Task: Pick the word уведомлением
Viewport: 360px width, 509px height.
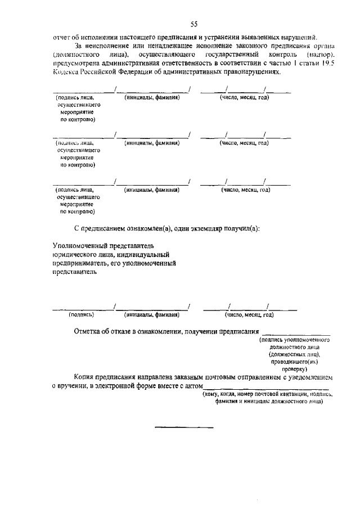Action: (312, 377)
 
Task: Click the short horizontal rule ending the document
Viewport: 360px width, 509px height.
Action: (184, 428)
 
